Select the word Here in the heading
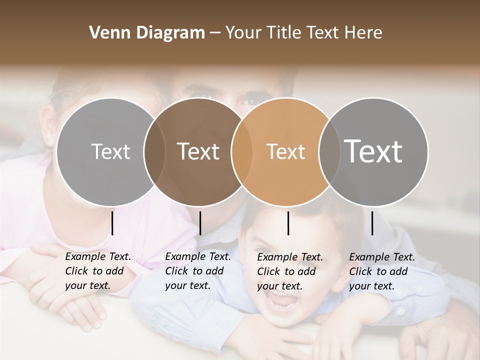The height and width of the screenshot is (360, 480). pyautogui.click(x=363, y=33)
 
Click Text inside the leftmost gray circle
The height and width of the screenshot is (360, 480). pyautogui.click(x=110, y=151)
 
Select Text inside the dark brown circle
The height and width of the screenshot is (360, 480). pyautogui.click(x=198, y=151)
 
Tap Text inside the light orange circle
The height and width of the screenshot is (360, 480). pyautogui.click(x=285, y=151)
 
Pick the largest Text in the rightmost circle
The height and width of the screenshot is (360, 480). pyautogui.click(x=373, y=151)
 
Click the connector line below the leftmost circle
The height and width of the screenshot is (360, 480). pyautogui.click(x=112, y=223)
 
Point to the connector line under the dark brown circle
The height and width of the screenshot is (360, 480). pyautogui.click(x=200, y=223)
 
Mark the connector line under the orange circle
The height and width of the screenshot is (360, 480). pyautogui.click(x=288, y=223)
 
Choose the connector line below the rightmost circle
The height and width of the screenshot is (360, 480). pyautogui.click(x=372, y=223)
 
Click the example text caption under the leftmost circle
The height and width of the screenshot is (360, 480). pyautogui.click(x=98, y=271)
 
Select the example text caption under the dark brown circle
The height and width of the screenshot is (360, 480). pyautogui.click(x=198, y=271)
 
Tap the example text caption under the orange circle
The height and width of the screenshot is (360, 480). pyautogui.click(x=290, y=271)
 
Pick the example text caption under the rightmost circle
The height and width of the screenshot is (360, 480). pyautogui.click(x=382, y=271)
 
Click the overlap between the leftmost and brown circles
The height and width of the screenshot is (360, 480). pyautogui.click(x=154, y=151)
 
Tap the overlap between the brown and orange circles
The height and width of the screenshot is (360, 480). pyautogui.click(x=241, y=151)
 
